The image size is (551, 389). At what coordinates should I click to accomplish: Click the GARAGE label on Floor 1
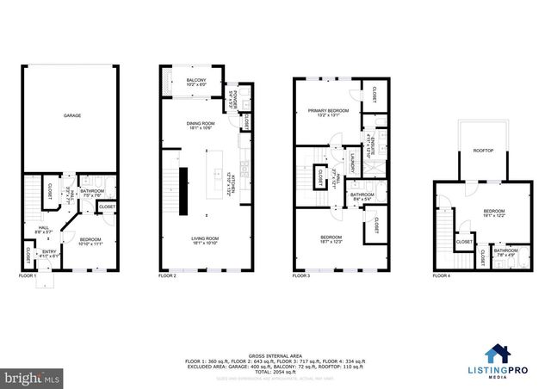point(72,114)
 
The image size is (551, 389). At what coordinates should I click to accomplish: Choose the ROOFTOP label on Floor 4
point(484,151)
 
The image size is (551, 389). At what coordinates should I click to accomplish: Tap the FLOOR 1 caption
point(28,276)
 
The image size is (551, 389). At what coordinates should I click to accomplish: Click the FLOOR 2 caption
point(167,276)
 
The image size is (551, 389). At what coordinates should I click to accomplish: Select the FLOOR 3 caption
point(300,276)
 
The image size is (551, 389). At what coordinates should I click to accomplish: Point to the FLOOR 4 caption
point(442,276)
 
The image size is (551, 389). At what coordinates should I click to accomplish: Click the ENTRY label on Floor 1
point(49,251)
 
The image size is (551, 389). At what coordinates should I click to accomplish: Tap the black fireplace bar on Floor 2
point(183,191)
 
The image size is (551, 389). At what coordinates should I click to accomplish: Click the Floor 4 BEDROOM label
point(493,212)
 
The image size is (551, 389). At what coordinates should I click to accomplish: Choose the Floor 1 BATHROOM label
point(92,192)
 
